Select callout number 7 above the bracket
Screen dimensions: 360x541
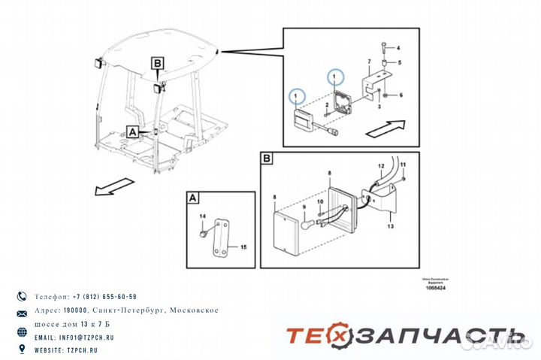(368, 60)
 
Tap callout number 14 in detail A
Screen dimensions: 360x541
(202, 217)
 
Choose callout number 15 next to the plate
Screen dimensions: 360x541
(243, 246)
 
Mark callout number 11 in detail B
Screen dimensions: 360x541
(403, 164)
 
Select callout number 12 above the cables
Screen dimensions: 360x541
(381, 165)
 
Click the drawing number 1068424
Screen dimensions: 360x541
(434, 287)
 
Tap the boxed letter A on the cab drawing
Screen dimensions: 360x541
(132, 131)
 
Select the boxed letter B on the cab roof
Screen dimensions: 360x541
(157, 65)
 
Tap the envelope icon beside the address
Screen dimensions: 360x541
(21, 311)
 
